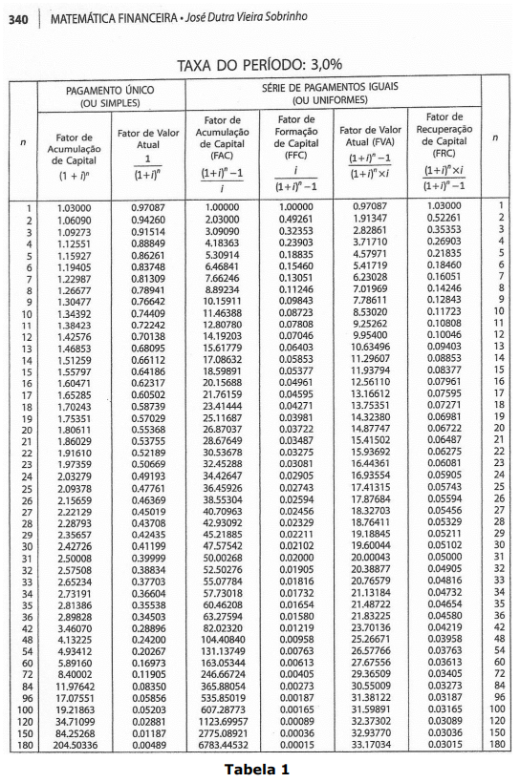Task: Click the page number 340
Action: [17, 18]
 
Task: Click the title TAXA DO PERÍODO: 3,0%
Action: [259, 65]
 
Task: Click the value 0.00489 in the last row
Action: [147, 742]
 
